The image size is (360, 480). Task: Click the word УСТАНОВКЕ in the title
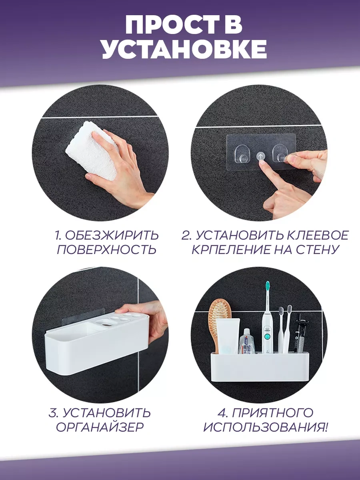coord(184,50)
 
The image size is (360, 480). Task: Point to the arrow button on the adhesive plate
coord(260,156)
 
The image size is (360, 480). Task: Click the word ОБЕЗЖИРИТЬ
coord(112,236)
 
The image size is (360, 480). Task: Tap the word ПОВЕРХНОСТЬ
coord(106,250)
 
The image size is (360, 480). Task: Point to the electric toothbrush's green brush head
coord(268,287)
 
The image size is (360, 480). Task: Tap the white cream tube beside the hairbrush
coord(228,336)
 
